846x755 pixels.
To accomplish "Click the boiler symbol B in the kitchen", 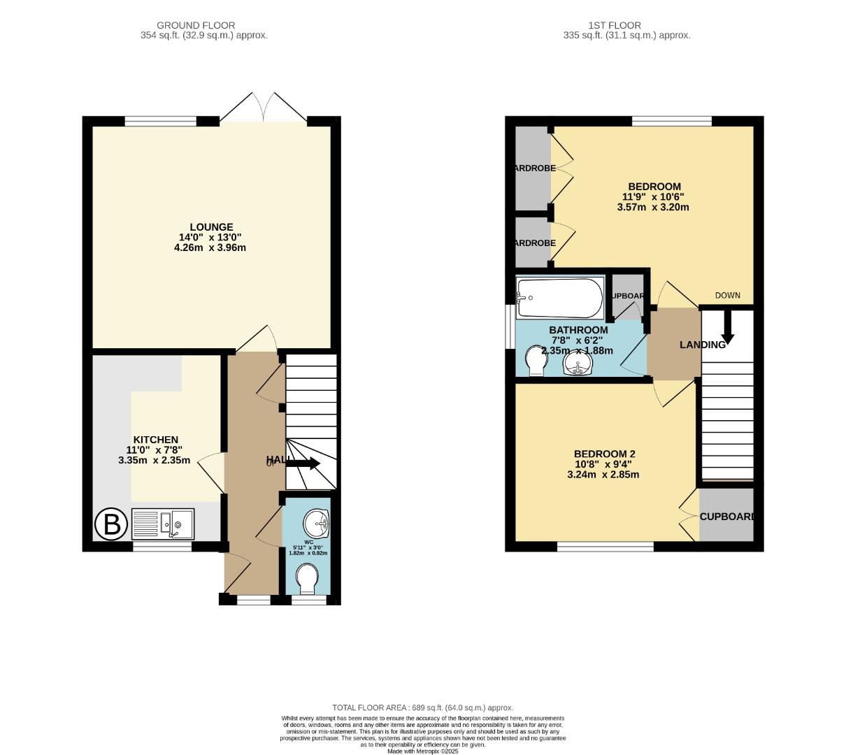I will [111, 524].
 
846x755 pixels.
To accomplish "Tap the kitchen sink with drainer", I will [163, 524].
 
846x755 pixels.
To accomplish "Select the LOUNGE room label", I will [210, 227].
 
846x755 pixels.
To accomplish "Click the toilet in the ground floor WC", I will [308, 578].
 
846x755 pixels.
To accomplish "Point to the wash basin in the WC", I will [317, 521].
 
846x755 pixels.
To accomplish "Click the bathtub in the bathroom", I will [559, 297].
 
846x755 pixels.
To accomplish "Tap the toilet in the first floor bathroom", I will [535, 360].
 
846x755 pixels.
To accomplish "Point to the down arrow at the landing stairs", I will [727, 327].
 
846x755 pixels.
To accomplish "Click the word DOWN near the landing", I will [727, 295].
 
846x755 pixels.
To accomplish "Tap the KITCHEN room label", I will [156, 440].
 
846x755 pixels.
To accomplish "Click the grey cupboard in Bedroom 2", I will [726, 516].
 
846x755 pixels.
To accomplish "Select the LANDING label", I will [702, 345].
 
